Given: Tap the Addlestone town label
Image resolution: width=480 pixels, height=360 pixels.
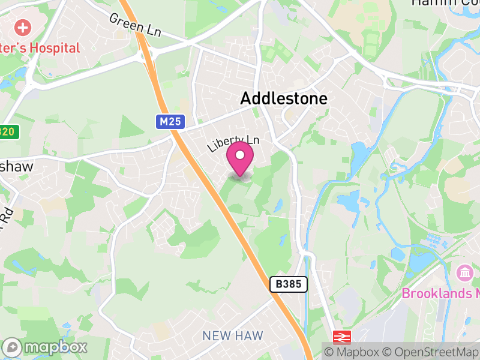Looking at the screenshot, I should tap(284, 99).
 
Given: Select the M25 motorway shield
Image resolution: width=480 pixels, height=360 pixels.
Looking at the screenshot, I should tap(170, 122).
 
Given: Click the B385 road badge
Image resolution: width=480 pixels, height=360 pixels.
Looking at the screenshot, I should tap(288, 284).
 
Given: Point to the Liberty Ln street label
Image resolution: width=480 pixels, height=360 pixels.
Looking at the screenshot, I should tap(233, 143).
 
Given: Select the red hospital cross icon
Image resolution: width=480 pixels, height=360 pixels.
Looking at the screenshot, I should tap(23, 27).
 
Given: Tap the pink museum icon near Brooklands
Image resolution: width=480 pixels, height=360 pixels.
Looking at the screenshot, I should tap(464, 273).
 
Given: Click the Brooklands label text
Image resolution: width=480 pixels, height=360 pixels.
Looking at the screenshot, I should tap(440, 293).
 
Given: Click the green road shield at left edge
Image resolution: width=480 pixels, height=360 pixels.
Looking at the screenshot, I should tap(7, 132).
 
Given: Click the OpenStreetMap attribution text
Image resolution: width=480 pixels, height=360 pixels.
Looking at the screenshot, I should tap(431, 352).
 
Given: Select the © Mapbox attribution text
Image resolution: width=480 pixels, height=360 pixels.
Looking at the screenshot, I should tap(353, 352).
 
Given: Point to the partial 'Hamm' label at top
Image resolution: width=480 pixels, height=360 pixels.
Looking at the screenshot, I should tap(445, 3).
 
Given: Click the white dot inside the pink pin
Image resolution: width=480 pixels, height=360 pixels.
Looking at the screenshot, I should tap(240, 156).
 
